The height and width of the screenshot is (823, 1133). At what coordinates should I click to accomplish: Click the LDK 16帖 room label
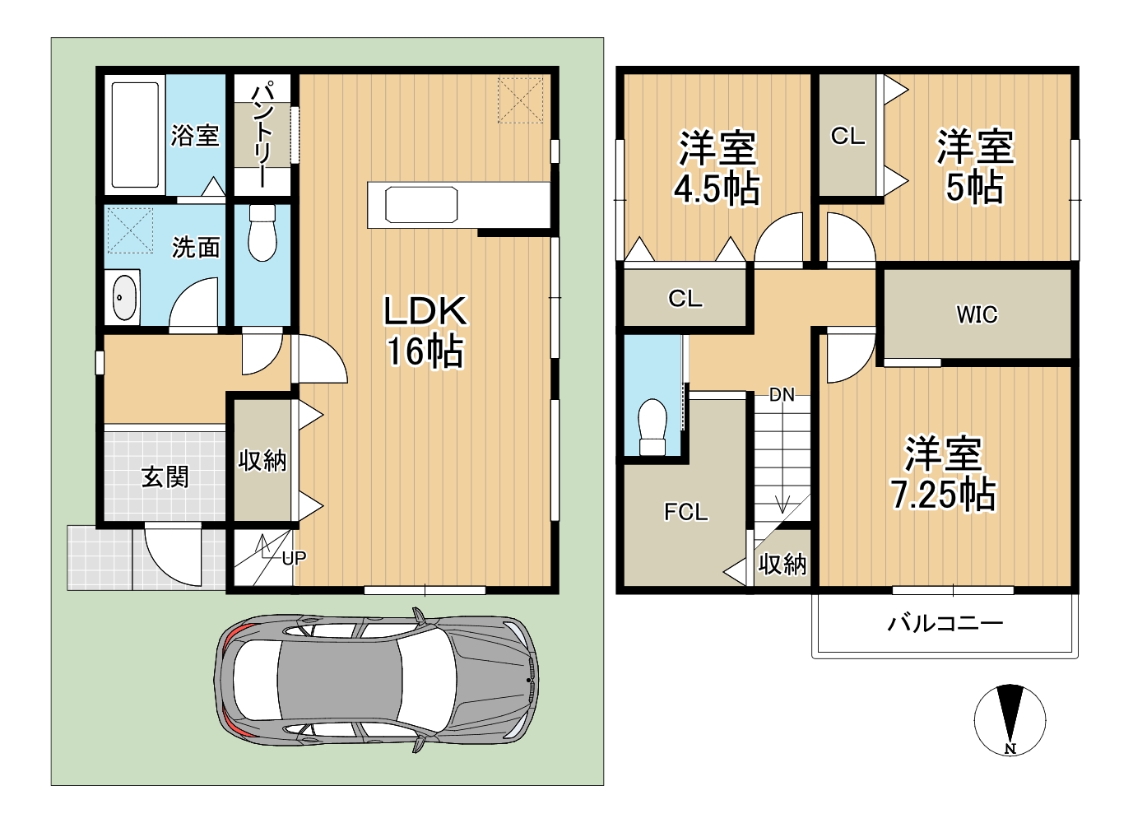coord(425,331)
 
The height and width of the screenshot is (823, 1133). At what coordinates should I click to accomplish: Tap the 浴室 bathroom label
coord(195,135)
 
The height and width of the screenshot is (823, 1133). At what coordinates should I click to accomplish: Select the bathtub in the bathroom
coord(136,135)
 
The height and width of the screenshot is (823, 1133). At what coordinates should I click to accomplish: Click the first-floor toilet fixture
coord(262,233)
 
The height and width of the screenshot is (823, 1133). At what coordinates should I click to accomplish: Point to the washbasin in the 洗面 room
coord(124,297)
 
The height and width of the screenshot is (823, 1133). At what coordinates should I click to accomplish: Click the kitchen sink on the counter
coord(420,204)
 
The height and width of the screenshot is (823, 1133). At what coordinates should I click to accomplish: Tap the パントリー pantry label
coord(263,133)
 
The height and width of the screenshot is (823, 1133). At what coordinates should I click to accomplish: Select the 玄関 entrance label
coord(165,477)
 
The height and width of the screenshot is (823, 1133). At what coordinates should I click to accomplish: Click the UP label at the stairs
coord(294,558)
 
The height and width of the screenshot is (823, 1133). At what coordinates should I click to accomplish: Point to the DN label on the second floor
coord(782,394)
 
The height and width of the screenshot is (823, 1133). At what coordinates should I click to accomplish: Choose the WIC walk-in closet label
coord(977,314)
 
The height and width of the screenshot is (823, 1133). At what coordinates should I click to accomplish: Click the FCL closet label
coord(686,513)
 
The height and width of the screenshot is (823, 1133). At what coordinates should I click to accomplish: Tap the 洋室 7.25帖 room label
coord(943,473)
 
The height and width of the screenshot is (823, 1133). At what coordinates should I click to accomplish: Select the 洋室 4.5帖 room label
coord(717,169)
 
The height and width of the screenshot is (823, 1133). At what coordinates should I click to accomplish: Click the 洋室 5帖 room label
coord(975,166)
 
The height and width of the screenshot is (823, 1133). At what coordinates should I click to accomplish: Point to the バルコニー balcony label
coord(945,624)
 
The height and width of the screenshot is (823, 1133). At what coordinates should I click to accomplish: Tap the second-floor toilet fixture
coord(652,427)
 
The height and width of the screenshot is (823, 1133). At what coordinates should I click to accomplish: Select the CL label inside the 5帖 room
coord(847,136)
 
